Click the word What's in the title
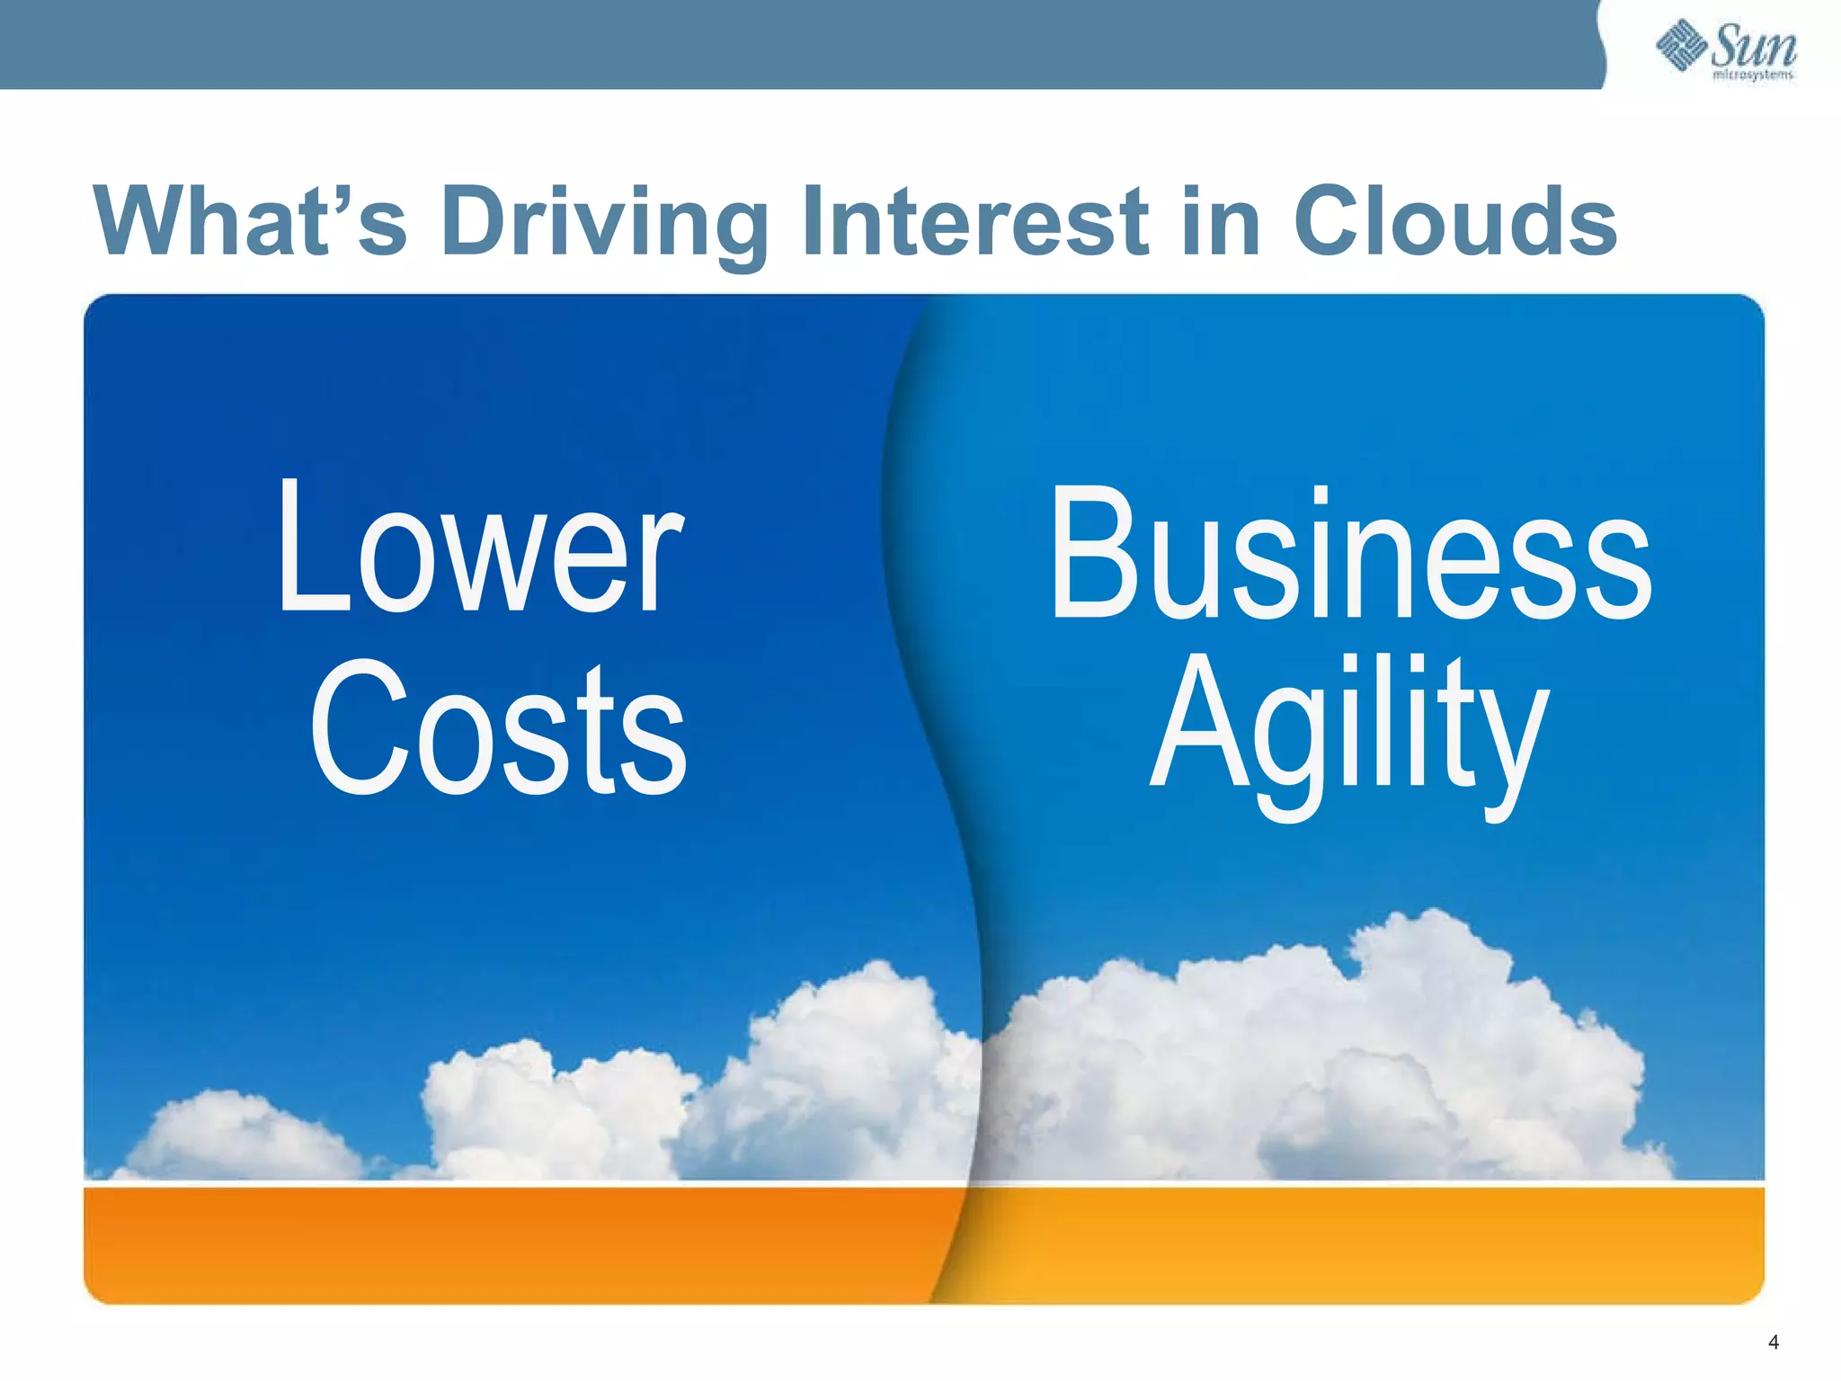252,221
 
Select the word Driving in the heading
604,223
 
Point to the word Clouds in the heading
1455,221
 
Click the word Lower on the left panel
481,548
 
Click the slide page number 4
1774,1342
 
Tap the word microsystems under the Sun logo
1754,76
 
